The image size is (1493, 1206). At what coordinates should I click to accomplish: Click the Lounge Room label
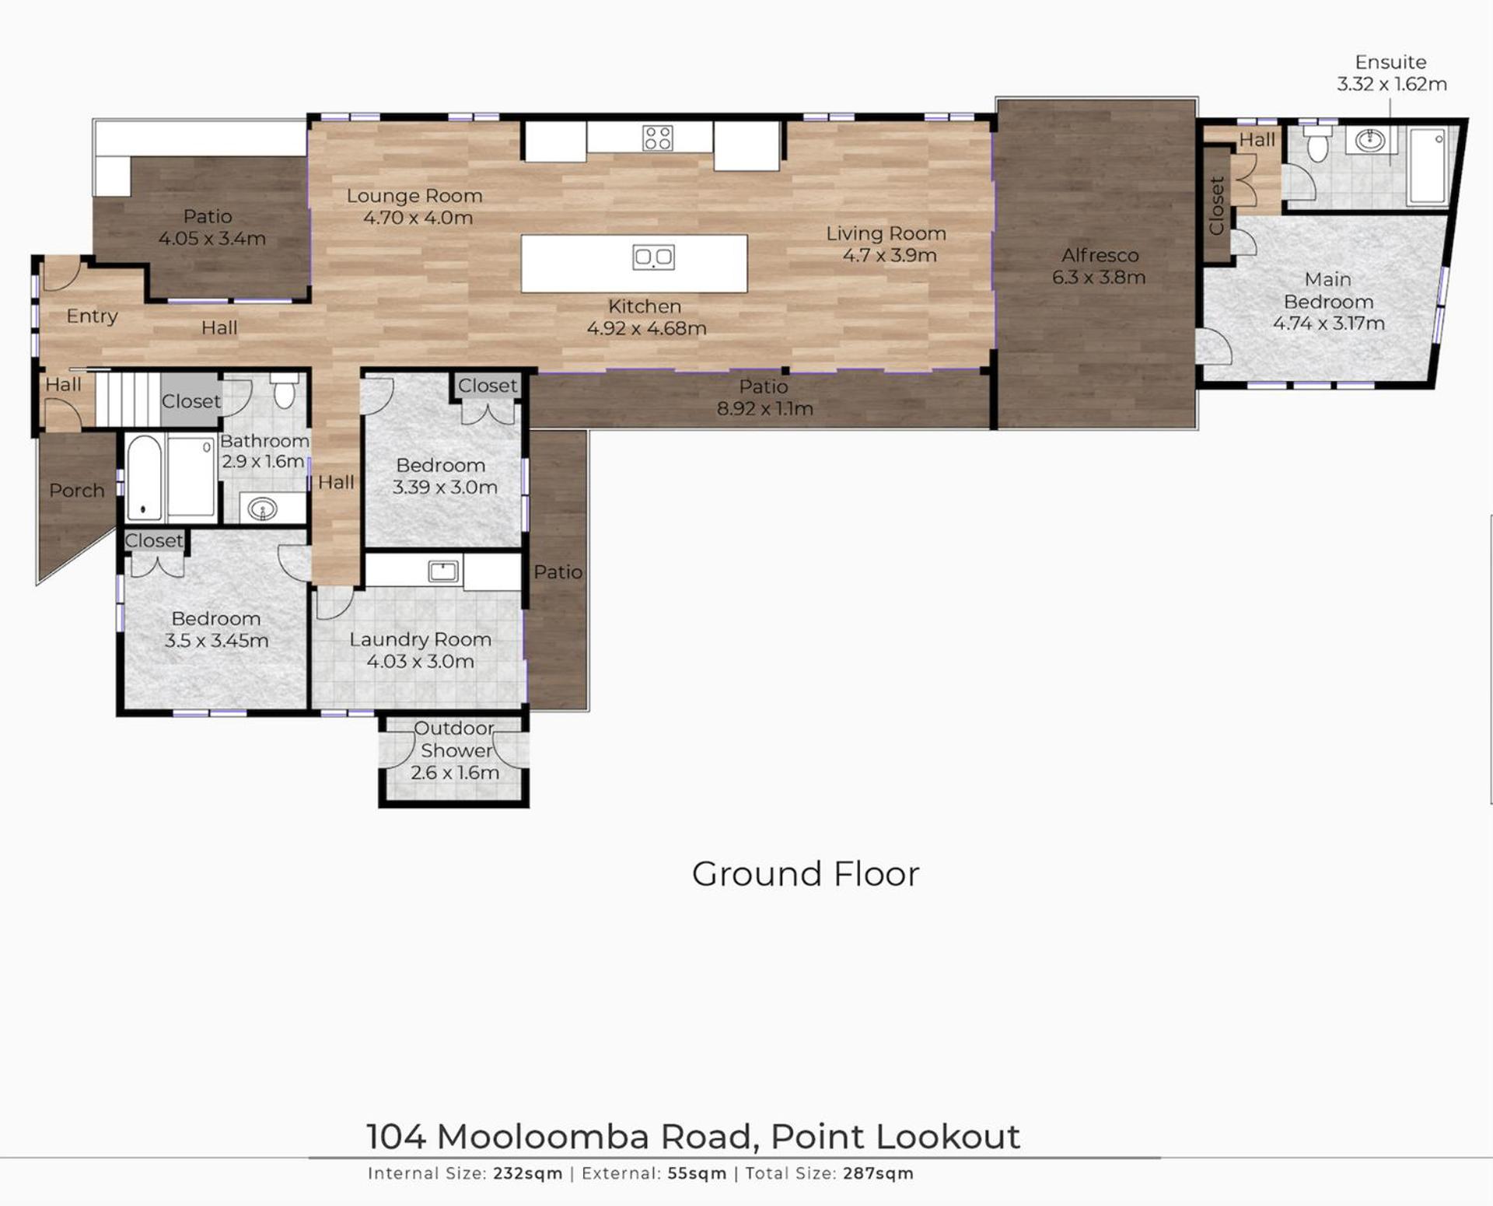click(x=414, y=196)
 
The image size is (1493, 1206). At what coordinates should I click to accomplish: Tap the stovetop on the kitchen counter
click(x=658, y=138)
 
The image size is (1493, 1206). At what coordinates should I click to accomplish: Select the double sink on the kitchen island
click(x=653, y=257)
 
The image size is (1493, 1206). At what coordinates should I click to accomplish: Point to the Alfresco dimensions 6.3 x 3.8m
click(x=1099, y=278)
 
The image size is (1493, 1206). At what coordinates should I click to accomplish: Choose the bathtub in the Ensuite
click(x=1428, y=166)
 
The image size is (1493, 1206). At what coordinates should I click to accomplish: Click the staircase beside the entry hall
click(x=128, y=400)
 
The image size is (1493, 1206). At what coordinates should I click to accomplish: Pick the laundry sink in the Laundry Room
click(x=443, y=572)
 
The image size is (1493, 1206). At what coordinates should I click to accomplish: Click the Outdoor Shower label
click(x=456, y=739)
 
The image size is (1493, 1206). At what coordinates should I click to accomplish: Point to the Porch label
click(x=76, y=491)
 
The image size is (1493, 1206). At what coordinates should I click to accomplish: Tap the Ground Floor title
click(x=806, y=874)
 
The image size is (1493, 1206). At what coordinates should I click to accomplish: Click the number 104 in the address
click(x=396, y=1137)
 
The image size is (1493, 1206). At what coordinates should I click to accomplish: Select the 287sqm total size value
click(x=878, y=1173)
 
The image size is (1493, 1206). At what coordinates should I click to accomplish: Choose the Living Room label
click(x=886, y=233)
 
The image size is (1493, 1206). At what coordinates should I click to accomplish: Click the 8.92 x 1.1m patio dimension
click(x=765, y=409)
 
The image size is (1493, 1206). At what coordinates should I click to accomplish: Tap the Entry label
click(x=92, y=316)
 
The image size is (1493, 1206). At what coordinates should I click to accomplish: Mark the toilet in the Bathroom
click(x=285, y=390)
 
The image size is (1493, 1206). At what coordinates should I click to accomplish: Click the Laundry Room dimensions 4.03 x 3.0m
click(x=420, y=662)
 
